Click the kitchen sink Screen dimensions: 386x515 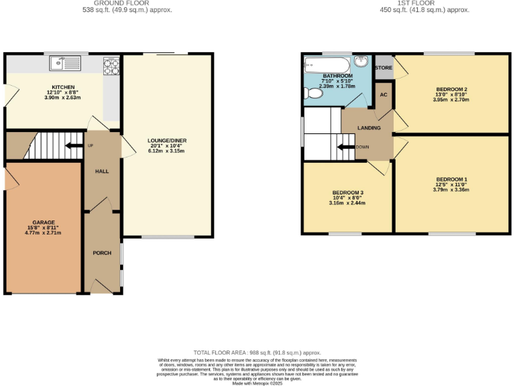[65, 64]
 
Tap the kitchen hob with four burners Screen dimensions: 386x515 [111, 66]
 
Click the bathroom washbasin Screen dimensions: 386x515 [363, 62]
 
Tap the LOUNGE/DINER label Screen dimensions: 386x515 [167, 141]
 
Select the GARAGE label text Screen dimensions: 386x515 [44, 222]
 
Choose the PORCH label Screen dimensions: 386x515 [102, 253]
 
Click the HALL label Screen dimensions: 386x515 [102, 172]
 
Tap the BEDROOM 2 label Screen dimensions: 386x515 [451, 89]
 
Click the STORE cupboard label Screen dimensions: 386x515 [384, 68]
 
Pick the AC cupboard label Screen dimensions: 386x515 [384, 94]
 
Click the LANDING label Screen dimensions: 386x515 [369, 128]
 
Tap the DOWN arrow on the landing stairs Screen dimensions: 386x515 [347, 147]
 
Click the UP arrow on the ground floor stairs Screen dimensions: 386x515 [71, 145]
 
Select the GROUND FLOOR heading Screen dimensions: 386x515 [127, 3]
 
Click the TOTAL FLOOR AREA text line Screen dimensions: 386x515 [257, 352]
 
